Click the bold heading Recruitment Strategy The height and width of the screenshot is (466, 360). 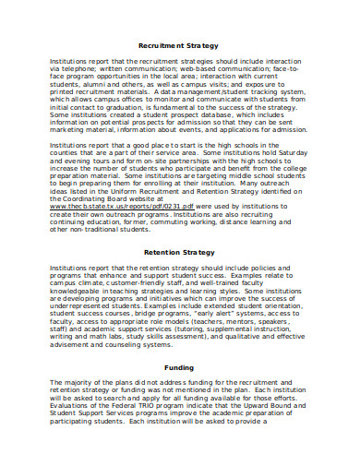tap(179, 44)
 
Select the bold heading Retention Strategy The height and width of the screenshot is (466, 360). tap(179, 252)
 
